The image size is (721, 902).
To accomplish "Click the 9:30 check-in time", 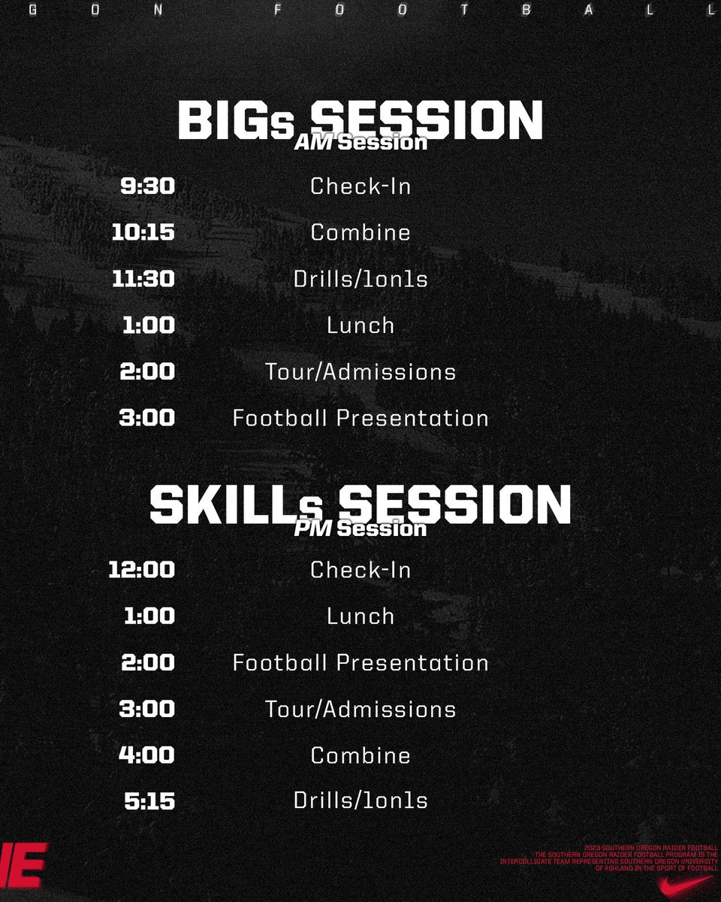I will [x=147, y=186].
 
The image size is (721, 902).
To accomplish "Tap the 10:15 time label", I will [x=143, y=232].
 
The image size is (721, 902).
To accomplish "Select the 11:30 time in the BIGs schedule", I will [x=143, y=279].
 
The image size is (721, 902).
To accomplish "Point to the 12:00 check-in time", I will [x=141, y=569].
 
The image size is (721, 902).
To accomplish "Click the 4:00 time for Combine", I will [x=146, y=755].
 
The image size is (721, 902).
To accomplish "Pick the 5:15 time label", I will [x=149, y=801].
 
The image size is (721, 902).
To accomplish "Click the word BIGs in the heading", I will [x=235, y=120].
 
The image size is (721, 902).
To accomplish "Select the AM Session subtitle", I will [x=360, y=142].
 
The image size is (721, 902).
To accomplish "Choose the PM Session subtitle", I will [x=360, y=528].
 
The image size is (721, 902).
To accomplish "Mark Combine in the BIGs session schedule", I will [x=360, y=232].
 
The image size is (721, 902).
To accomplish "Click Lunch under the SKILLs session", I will [x=360, y=616].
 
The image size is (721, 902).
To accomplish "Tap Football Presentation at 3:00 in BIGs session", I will [x=360, y=418].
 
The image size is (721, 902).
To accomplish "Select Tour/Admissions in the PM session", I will [x=360, y=709].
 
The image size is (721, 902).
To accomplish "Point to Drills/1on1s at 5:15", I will [x=360, y=801].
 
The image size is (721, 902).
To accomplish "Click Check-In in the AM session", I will [x=360, y=186].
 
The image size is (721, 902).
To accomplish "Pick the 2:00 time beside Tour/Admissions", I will [x=147, y=371].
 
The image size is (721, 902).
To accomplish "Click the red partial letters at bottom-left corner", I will [x=23, y=864].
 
